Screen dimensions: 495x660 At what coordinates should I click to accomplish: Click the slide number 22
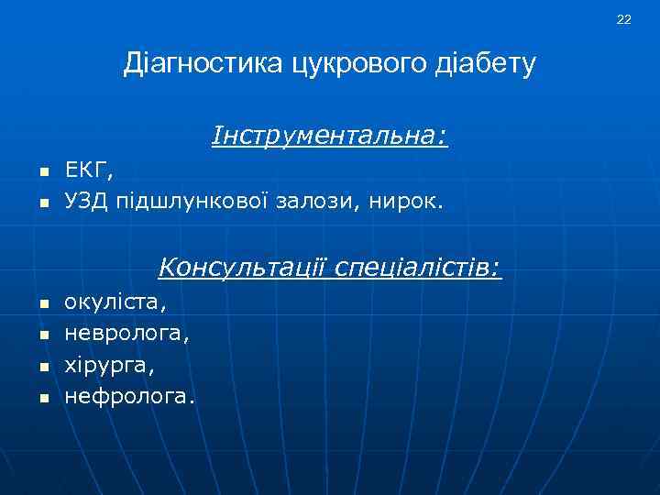point(623,19)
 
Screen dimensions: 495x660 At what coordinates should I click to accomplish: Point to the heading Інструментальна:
point(330,137)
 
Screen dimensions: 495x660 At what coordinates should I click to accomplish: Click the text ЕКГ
point(88,170)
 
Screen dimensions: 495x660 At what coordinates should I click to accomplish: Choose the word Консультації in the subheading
point(242,269)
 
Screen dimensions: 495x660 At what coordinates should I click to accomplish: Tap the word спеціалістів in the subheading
point(418,269)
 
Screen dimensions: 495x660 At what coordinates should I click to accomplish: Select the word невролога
point(126,333)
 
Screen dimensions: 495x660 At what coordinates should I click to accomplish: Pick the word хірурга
point(109,366)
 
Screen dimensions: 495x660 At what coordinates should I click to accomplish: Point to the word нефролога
point(129,397)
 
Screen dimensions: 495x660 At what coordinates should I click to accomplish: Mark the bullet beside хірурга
point(41,368)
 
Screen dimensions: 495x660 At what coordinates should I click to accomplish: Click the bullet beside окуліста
point(41,303)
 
